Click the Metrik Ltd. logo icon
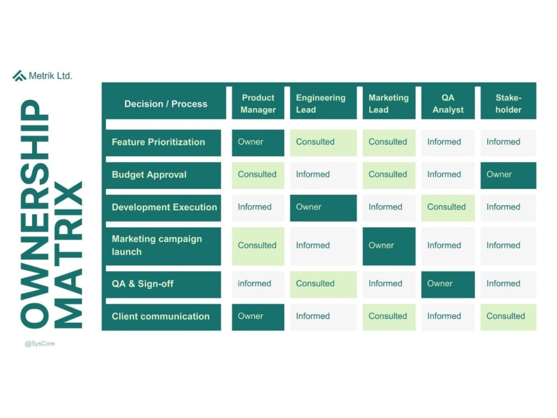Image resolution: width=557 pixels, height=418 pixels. click(x=19, y=76)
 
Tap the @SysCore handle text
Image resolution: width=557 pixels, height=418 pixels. click(x=40, y=344)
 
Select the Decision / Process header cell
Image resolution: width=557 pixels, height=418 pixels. click(x=166, y=104)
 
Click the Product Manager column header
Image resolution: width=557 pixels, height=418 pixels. click(x=258, y=104)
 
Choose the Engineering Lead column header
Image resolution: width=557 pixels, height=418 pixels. click(x=323, y=104)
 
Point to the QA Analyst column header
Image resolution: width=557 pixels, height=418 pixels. click(x=448, y=104)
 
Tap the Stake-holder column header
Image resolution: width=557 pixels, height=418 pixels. click(x=509, y=104)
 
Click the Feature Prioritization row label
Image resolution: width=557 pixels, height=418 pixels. click(x=163, y=143)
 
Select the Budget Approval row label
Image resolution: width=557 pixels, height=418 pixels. click(x=163, y=175)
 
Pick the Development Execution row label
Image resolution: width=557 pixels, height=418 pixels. click(x=163, y=208)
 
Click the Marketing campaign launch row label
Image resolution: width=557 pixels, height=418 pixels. click(x=163, y=246)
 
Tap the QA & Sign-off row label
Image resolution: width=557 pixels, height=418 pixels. click(x=163, y=284)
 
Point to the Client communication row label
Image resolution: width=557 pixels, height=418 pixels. click(x=163, y=317)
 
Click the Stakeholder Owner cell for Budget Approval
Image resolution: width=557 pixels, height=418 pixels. click(x=509, y=175)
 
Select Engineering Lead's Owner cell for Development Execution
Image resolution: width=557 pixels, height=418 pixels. click(x=323, y=208)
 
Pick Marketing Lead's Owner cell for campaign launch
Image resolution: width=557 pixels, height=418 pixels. click(x=389, y=246)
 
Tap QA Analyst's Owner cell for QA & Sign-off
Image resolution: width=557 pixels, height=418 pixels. click(x=448, y=284)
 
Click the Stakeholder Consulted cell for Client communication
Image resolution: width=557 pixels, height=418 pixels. click(x=509, y=317)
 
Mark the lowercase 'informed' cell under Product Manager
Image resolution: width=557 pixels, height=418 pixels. click(x=258, y=284)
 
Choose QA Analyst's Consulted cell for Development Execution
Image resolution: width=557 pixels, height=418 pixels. click(x=448, y=208)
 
